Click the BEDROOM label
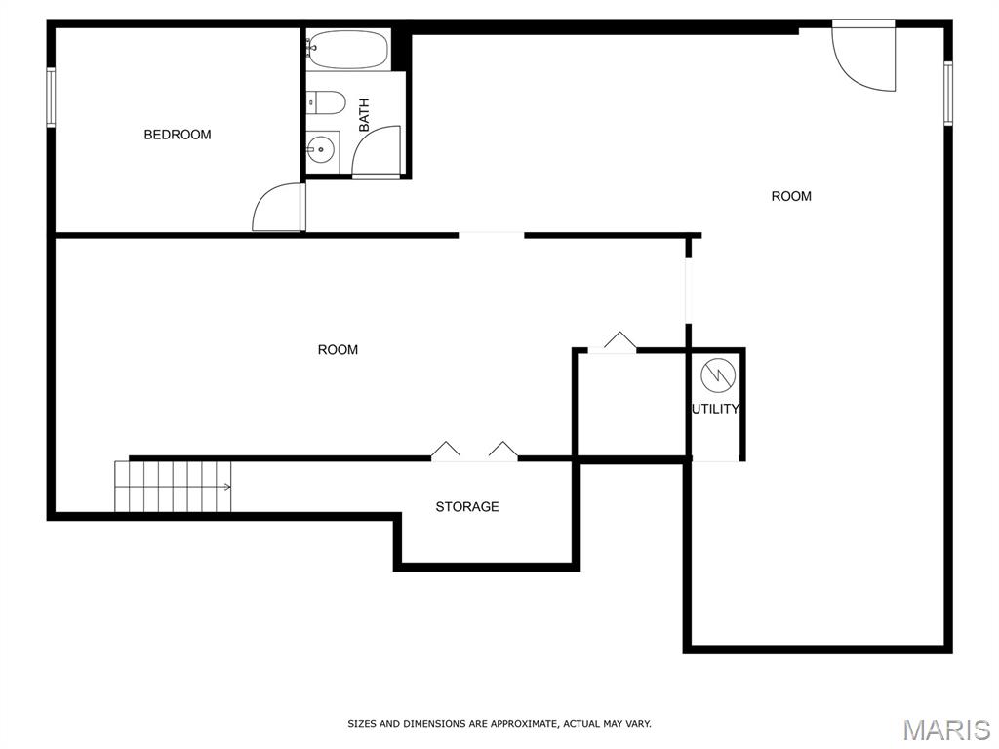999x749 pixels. point(178,135)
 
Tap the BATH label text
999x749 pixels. point(364,115)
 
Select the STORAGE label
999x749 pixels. point(467,507)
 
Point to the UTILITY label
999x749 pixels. point(715,409)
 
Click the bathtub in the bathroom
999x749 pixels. point(347,49)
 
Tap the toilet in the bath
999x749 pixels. point(326,102)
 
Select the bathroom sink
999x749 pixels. point(322,151)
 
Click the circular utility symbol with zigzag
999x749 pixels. point(718,375)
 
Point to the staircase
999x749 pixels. point(173,486)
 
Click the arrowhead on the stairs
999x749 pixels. point(227,487)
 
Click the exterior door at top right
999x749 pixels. point(864,56)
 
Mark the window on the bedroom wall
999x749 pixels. point(51,98)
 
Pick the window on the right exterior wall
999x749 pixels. point(948,93)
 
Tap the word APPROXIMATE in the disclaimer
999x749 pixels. point(524,724)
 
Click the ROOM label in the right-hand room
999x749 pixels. point(791,196)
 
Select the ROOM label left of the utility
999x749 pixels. point(338,350)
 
